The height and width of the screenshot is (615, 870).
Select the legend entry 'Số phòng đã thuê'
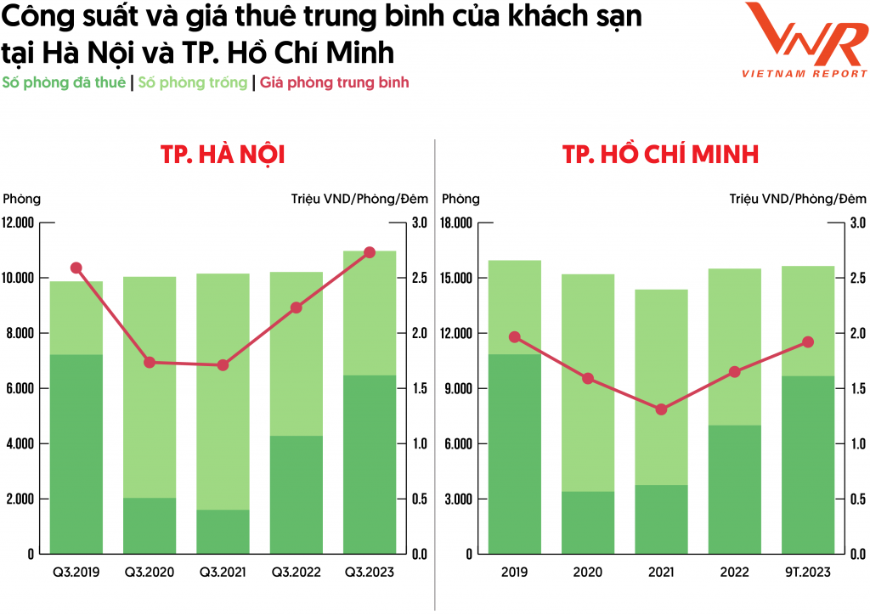65,82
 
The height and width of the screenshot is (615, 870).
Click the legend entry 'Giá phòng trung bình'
335,82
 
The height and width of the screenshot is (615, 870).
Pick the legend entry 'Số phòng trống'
193,82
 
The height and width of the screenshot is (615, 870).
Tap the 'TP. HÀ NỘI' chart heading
223,155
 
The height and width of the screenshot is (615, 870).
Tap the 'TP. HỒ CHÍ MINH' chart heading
660,155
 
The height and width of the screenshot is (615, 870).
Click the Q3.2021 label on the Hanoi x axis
223,573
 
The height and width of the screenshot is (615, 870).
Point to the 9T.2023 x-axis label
808,573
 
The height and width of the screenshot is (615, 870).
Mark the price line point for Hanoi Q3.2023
370,252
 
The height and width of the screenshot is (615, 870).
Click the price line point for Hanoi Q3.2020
150,362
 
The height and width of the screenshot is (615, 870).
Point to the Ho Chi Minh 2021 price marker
662,409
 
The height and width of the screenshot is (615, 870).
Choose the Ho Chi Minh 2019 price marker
515,337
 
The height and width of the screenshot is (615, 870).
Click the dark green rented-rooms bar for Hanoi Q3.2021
223,532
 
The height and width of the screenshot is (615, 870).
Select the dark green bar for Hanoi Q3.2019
76,454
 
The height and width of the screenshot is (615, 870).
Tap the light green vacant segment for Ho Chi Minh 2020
588,382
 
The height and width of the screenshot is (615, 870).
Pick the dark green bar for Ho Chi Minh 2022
735,489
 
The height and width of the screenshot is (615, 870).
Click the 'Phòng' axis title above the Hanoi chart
21,200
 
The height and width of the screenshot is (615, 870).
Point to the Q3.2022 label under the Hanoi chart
297,573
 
